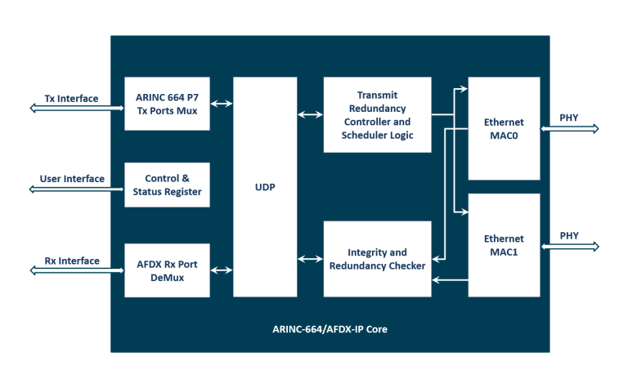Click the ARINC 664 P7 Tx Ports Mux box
[167, 103]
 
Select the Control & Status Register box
[167, 185]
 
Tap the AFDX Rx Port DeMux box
[167, 266]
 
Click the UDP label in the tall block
[265, 187]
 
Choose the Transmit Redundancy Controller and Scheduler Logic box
[377, 114]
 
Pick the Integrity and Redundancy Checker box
[377, 259]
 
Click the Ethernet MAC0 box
[504, 128]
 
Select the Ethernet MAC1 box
[504, 245]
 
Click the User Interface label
[72, 179]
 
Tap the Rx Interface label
[72, 261]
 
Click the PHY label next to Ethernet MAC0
[569, 118]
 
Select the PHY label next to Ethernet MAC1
[569, 236]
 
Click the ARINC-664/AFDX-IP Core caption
[330, 329]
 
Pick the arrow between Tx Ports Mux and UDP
[222, 104]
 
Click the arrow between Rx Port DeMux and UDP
[222, 267]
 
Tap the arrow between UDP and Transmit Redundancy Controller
[310, 114]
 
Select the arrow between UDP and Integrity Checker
[310, 259]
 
